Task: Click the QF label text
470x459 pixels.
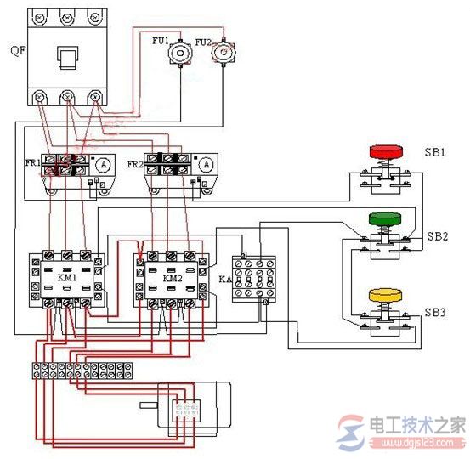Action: pos(16,49)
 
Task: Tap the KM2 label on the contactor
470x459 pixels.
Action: pos(173,277)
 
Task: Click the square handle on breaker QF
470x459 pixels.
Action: pos(65,59)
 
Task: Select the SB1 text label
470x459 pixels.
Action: pos(436,153)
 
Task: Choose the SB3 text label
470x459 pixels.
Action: pos(436,313)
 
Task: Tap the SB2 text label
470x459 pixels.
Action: pos(436,235)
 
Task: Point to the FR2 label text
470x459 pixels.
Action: pos(135,163)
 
